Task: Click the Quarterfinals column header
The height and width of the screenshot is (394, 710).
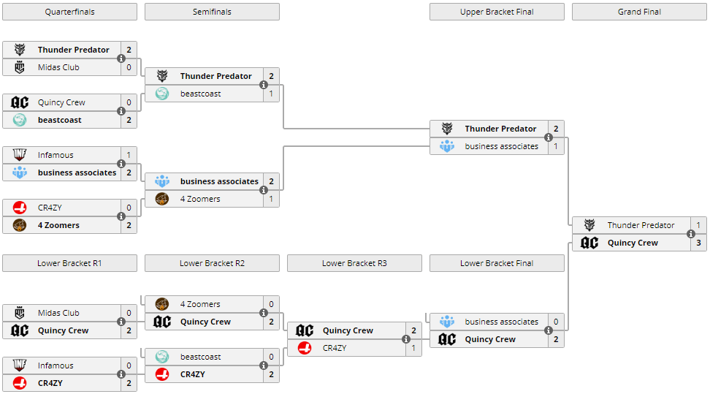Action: click(69, 12)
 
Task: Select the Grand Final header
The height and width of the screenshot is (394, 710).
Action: click(639, 12)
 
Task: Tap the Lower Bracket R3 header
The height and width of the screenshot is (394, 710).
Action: click(354, 263)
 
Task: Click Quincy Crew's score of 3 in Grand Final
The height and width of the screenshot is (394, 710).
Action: click(698, 243)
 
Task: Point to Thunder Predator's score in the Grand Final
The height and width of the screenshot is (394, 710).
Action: click(698, 225)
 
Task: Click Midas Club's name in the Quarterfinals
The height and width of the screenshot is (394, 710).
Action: click(58, 67)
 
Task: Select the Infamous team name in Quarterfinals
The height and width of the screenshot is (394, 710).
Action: click(56, 155)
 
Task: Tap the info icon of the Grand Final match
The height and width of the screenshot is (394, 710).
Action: click(690, 234)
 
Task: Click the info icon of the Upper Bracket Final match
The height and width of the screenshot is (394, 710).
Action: click(548, 137)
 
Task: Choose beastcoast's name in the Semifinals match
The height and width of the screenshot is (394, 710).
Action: click(201, 94)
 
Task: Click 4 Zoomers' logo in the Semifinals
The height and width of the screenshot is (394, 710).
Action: click(162, 199)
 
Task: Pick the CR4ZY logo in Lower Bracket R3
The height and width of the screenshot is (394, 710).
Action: click(305, 348)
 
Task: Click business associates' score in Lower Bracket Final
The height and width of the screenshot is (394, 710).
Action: click(556, 322)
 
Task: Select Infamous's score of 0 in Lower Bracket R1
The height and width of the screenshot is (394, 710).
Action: click(129, 365)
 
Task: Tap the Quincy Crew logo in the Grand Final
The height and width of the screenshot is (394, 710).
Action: click(589, 243)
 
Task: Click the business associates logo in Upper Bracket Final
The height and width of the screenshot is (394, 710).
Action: click(447, 146)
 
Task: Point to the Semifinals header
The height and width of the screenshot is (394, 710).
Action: click(212, 12)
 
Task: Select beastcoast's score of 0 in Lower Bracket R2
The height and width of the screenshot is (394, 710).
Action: click(271, 357)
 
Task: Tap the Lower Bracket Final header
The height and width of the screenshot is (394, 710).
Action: click(497, 263)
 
